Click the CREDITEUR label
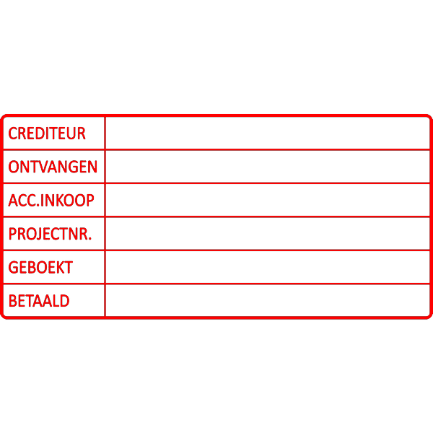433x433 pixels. tap(47, 133)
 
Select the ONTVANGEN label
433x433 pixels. tap(53, 167)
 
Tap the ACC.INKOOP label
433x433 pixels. tap(51, 200)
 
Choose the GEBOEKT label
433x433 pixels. tap(40, 267)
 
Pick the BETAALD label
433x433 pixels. tap(39, 301)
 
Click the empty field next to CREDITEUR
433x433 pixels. tap(267, 133)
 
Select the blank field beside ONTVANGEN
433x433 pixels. tap(267, 167)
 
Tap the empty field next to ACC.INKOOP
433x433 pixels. tap(267, 200)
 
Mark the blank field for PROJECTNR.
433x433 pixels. tap(267, 234)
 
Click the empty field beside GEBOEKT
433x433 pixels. tap(267, 267)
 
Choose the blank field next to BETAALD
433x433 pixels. tap(267, 301)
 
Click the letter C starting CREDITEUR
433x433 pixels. tap(12, 133)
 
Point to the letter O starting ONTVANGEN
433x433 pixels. tap(13, 167)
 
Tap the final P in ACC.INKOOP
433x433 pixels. tap(89, 200)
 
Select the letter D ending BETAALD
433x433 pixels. tap(65, 301)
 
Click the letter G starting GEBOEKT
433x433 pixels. tap(12, 267)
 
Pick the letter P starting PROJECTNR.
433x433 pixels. tap(12, 234)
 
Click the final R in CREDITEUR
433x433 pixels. tap(82, 133)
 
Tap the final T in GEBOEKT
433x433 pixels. tap(69, 267)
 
